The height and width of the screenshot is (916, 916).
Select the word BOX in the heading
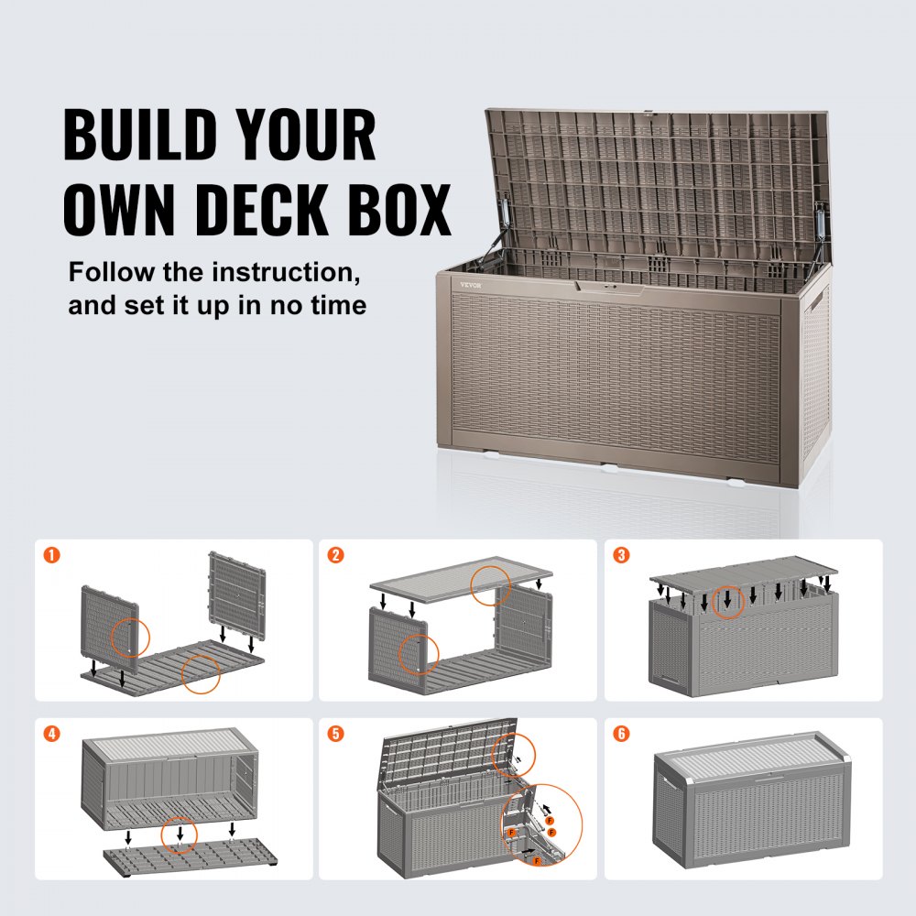[407, 210]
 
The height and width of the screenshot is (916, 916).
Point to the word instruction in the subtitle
[269, 272]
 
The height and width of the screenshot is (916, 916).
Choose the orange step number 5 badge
[336, 735]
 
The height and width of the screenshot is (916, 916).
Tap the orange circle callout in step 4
[180, 835]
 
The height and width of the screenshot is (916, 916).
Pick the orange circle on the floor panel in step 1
[201, 672]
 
